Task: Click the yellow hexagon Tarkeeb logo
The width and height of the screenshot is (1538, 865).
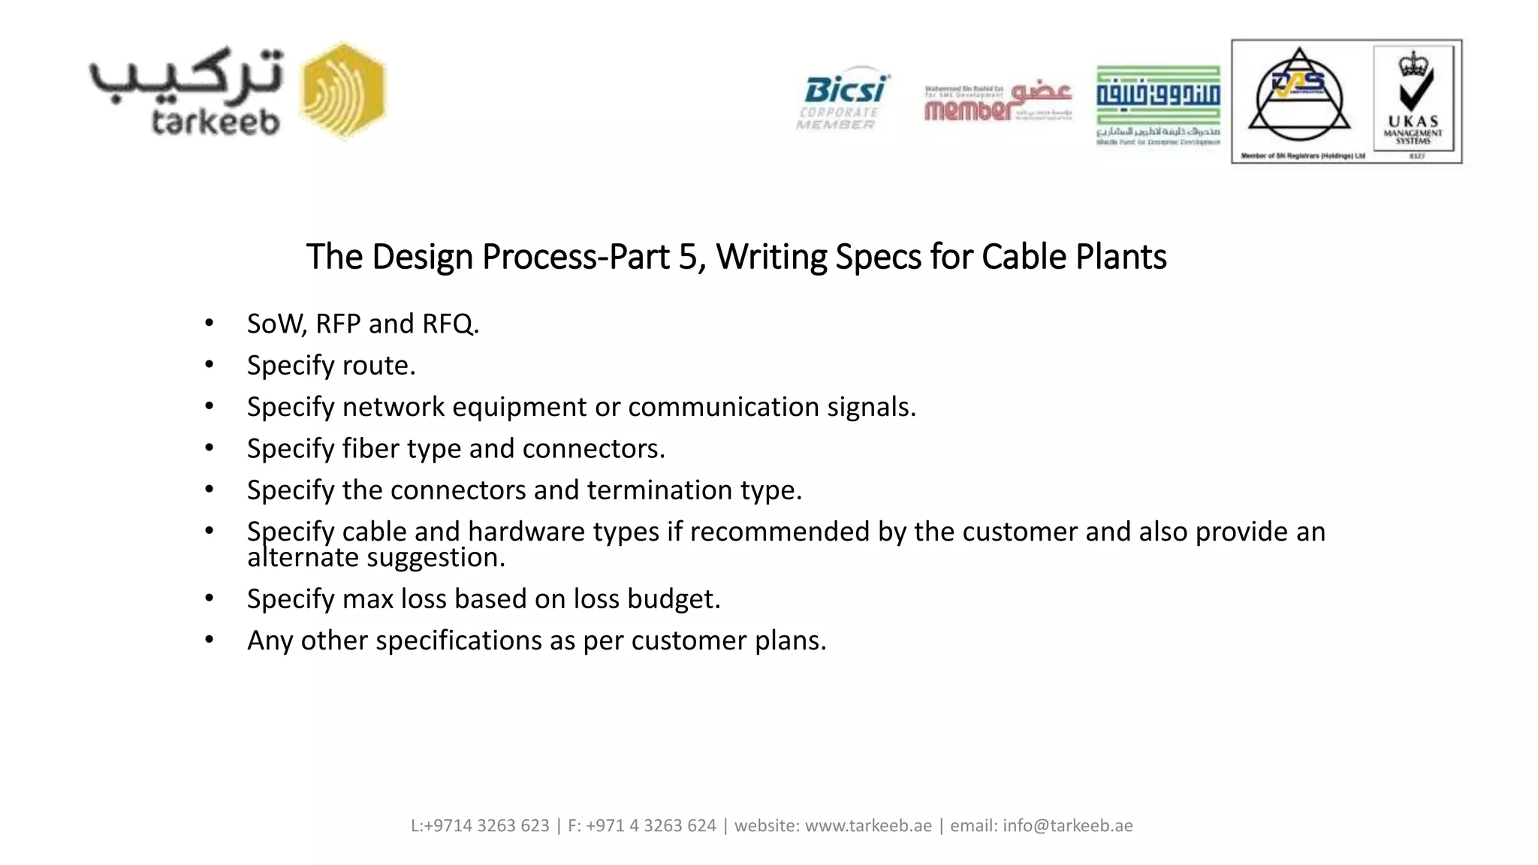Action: pos(343,91)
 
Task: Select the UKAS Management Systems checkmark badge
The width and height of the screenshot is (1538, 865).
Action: pos(1413,101)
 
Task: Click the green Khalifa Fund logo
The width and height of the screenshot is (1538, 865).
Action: pos(1158,104)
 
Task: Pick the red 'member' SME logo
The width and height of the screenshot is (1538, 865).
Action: pos(997,103)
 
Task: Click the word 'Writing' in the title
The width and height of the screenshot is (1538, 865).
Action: pos(771,257)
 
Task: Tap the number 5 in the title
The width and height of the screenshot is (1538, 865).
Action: pos(688,257)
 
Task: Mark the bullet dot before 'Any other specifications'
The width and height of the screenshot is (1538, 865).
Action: pos(210,640)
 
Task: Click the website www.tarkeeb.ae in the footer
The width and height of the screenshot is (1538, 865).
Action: pos(868,826)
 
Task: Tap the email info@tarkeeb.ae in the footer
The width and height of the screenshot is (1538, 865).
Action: pos(1067,826)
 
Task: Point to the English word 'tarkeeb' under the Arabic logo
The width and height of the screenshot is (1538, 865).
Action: pos(216,122)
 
